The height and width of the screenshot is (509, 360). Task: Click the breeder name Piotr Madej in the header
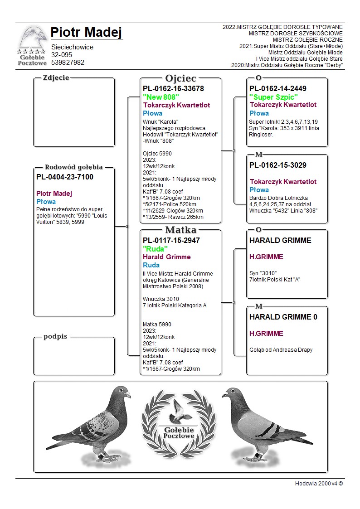tap(86, 33)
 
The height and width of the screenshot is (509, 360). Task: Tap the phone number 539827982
tap(68, 63)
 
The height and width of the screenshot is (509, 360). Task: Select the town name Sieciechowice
tap(72, 47)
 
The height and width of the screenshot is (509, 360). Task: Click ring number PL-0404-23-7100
tap(65, 177)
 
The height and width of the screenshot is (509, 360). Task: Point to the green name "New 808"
tap(161, 97)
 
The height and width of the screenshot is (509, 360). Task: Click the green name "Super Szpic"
tap(273, 97)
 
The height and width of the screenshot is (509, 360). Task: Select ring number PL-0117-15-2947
tap(171, 240)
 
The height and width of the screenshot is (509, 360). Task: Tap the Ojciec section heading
tap(180, 78)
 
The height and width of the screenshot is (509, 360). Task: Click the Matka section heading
tap(180, 230)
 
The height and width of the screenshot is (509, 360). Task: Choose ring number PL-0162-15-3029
tap(278, 165)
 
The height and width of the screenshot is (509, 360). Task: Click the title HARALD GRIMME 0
tap(283, 317)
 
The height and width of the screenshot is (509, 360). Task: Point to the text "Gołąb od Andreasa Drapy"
tap(281, 349)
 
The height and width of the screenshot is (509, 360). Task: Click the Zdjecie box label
tap(56, 78)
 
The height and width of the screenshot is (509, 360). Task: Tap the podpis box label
tap(55, 336)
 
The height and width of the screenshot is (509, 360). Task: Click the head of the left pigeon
tap(122, 392)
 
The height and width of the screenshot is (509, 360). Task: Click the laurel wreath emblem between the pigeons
tap(179, 422)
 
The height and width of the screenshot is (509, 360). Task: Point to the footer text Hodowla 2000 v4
tap(319, 483)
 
